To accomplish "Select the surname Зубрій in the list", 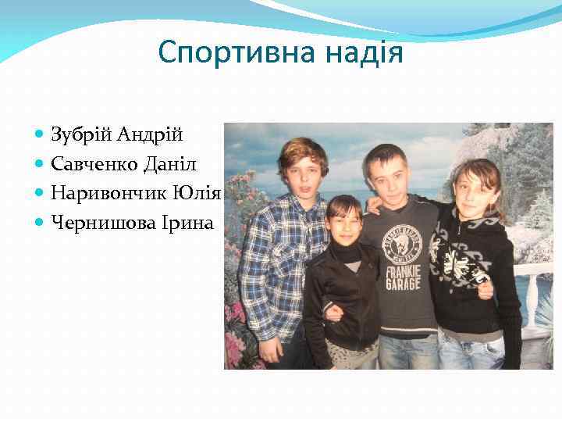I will (x=82, y=135).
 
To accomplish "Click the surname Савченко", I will (x=98, y=165).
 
